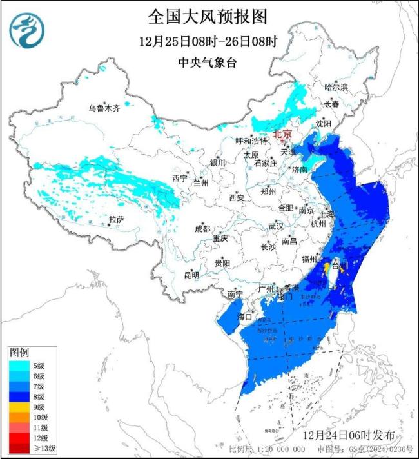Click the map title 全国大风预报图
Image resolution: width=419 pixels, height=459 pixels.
pos(207,16)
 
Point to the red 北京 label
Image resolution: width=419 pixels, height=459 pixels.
pos(282,134)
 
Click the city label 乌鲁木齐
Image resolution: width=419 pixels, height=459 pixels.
pos(104,108)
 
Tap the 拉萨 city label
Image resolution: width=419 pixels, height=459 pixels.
pos(116,220)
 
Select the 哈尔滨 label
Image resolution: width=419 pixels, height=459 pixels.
pos(335,86)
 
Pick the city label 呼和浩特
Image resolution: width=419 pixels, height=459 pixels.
pos(251,141)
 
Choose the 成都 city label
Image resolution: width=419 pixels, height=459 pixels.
pos(202,229)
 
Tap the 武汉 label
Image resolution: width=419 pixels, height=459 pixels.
pos(276,226)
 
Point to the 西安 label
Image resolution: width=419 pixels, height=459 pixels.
pos(236,198)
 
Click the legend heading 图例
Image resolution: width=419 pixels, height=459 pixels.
pos(19,352)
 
